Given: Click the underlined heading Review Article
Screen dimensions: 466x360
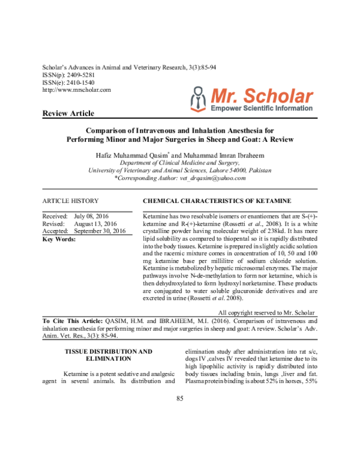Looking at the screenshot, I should pos(68,113).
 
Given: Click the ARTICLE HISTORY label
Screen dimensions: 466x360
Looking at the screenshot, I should pos(71,201).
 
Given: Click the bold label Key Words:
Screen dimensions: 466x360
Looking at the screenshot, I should pos(59,239).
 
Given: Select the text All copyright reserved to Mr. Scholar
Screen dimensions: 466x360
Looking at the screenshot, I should pos(266,312).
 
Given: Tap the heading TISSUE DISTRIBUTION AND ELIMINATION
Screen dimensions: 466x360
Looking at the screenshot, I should pos(109,354).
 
